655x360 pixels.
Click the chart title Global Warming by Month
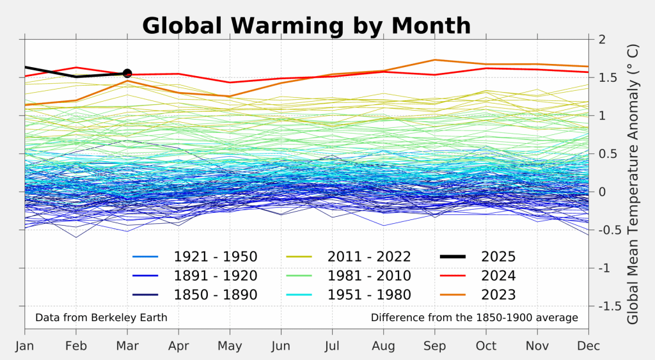tap(306, 26)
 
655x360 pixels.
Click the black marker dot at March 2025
tap(127, 74)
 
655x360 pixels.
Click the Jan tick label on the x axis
tap(25, 346)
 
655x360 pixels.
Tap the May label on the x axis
tap(230, 346)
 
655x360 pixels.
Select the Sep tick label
tap(435, 346)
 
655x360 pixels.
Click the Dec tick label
tap(588, 346)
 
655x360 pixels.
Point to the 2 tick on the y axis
tap(601, 39)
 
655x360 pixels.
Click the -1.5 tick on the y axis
tap(608, 306)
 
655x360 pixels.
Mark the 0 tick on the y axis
tap(601, 192)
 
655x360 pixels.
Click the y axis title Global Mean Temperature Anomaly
tap(633, 184)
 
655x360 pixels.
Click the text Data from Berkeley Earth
tap(101, 317)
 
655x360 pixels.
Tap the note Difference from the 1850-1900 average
tap(474, 317)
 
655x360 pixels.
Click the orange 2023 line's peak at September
tap(435, 60)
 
